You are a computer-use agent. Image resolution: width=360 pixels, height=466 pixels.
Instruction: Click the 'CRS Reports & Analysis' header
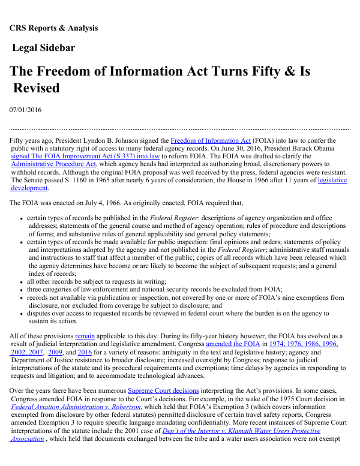point(53,28)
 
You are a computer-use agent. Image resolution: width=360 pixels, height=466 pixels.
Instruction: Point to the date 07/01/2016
point(25,110)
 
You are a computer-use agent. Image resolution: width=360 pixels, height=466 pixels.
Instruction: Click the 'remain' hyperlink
point(85,336)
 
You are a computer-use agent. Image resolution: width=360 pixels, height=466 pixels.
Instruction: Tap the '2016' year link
point(85,352)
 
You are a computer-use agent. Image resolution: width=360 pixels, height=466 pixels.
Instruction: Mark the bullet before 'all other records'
point(22,281)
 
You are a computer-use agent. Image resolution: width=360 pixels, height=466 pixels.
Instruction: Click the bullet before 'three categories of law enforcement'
point(22,289)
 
